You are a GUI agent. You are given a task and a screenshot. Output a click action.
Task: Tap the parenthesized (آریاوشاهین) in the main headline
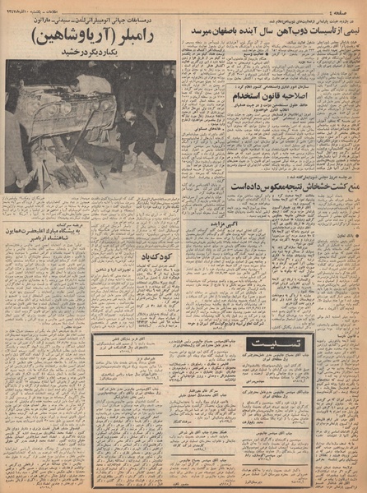click(x=71, y=39)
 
